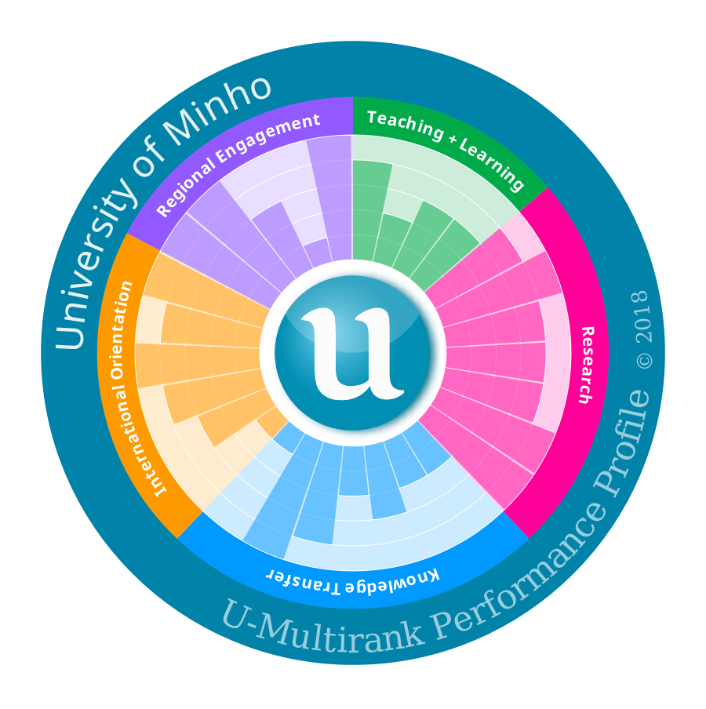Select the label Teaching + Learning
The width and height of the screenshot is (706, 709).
pos(445,149)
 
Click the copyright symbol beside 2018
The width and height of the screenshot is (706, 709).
pos(644,360)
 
